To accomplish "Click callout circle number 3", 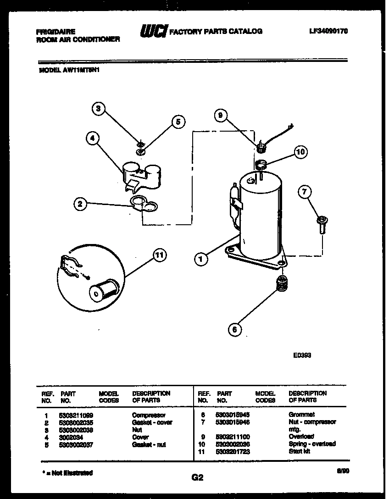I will (98, 109).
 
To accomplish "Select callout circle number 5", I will (178, 121).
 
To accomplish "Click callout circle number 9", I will (221, 116).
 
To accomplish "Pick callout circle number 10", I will (300, 152).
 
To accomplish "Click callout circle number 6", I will (234, 329).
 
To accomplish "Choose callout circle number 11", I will (159, 256).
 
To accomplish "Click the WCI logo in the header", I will (153, 31).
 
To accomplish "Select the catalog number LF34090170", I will (328, 31).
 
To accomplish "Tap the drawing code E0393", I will (302, 355).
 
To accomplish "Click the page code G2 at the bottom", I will (197, 477).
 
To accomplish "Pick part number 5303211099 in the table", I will (76, 415).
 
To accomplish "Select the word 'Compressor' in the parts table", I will (149, 415).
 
